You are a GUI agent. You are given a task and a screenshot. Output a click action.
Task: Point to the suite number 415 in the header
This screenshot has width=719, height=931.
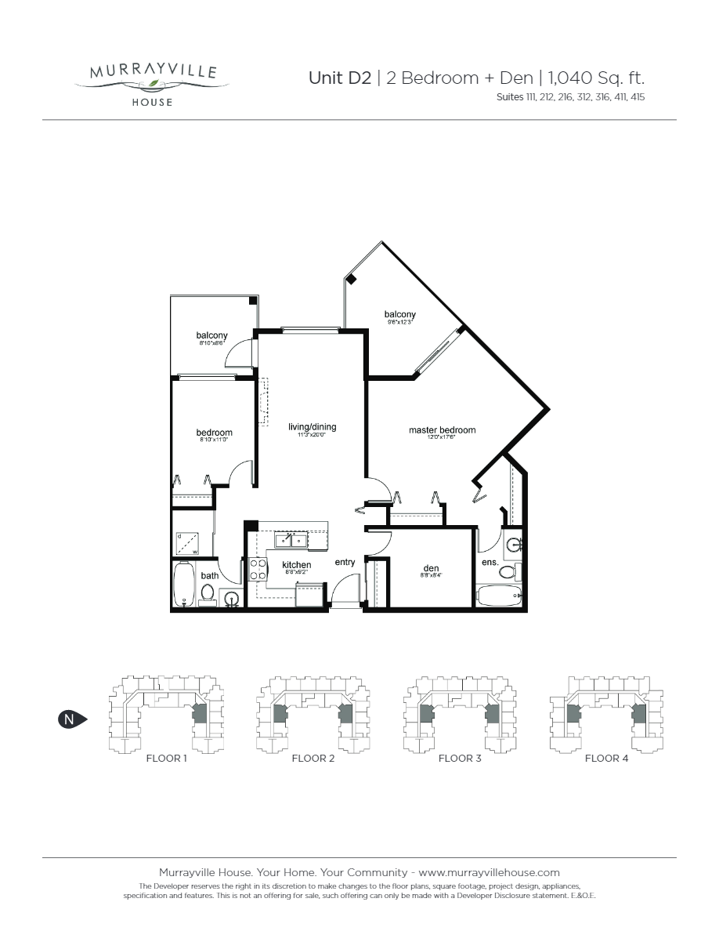(x=635, y=98)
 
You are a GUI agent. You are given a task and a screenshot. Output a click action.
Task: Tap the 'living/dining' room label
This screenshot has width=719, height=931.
(x=312, y=427)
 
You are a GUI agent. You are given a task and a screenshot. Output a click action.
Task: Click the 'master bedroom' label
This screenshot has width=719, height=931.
(x=442, y=430)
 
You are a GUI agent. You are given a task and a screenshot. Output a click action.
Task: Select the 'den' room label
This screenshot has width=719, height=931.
(x=431, y=568)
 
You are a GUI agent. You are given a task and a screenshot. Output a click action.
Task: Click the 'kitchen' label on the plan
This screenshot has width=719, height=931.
(x=297, y=565)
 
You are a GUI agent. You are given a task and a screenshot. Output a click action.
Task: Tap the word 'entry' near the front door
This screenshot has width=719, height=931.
(x=345, y=562)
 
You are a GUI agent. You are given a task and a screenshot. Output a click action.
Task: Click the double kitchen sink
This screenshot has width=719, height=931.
(x=291, y=540)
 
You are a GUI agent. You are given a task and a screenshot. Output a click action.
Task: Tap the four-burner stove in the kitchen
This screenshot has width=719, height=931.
(x=258, y=570)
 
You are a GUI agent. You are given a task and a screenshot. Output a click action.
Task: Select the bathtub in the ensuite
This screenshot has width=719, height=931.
(x=499, y=596)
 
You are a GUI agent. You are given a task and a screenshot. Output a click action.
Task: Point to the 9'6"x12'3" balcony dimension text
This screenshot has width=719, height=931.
(x=399, y=321)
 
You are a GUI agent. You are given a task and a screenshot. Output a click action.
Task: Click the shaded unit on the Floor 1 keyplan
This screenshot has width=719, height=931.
(x=200, y=713)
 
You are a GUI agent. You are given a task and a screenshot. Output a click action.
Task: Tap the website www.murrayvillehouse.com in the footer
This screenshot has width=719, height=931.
(x=490, y=872)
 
